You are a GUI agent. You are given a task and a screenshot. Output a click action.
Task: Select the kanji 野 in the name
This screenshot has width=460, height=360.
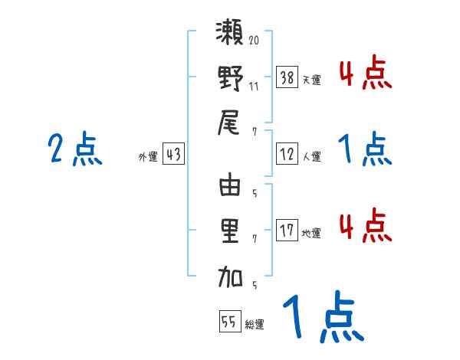230,78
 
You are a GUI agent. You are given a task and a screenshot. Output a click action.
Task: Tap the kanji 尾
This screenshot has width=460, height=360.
230,123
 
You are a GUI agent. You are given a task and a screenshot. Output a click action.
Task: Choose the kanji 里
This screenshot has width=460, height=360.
230,232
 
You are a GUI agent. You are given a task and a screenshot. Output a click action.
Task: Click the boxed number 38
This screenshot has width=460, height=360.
287,77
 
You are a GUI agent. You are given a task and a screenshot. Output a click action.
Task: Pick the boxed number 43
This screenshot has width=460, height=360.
173,155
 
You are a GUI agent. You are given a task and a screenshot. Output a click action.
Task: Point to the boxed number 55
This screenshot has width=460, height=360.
228,322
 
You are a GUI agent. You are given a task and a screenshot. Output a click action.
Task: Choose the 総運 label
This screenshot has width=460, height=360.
254,325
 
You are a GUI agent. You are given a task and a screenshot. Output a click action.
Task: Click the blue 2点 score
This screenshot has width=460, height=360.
74,149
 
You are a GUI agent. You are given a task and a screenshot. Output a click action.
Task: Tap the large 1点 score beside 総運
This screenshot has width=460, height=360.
322,319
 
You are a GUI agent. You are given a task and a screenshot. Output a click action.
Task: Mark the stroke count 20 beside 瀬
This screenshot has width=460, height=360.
255,38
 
